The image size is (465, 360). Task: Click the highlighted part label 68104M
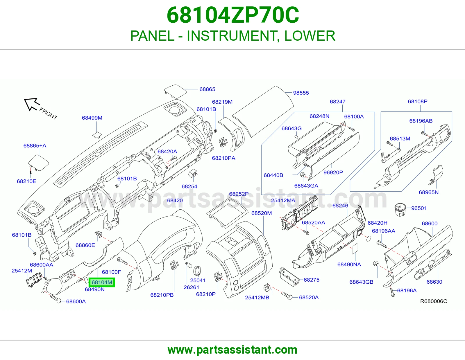point(102,282)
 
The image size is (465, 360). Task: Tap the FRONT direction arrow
point(32,104)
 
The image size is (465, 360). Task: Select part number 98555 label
point(301,93)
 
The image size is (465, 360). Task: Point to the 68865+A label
point(35,145)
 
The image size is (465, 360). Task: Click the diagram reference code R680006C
point(434,301)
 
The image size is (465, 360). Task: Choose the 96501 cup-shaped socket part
point(400,209)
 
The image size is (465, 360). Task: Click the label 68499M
point(92,118)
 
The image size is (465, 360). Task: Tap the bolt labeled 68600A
point(55,298)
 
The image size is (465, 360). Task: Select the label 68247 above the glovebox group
point(337,102)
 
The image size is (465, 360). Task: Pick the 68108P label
point(418,101)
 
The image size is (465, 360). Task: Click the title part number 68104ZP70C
point(233,15)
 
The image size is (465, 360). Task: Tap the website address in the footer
point(233,350)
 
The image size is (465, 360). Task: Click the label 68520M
point(262,213)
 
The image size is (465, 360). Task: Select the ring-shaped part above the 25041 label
point(197,271)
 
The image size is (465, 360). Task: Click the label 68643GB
point(361,282)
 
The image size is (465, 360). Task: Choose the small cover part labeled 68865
point(175,91)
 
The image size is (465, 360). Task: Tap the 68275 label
point(311,280)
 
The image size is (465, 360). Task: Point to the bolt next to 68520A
point(287,295)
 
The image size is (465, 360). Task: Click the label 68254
point(189,186)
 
